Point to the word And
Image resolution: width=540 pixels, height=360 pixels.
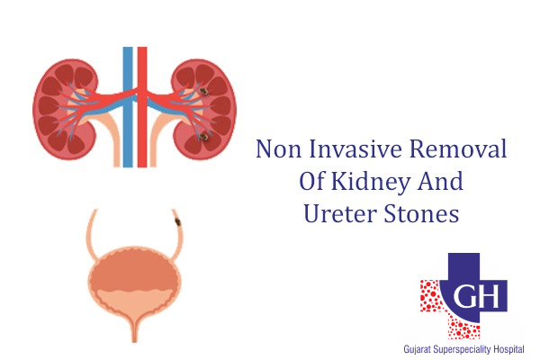pyautogui.click(x=438, y=183)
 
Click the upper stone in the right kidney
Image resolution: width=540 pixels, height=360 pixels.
pyautogui.click(x=205, y=91)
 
